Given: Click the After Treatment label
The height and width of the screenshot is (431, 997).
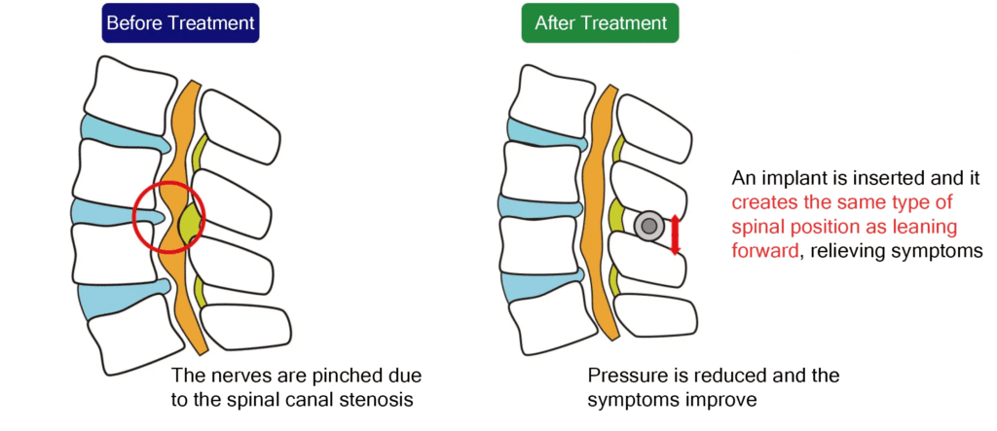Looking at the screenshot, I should tap(600, 22).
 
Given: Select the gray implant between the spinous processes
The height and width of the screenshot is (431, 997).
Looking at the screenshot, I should tap(647, 226).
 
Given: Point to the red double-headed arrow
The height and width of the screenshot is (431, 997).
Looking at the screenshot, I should tap(676, 233).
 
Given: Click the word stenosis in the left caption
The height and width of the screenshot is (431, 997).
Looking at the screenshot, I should tap(360, 399).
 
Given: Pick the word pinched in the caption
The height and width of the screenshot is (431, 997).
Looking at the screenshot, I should tap(326, 376).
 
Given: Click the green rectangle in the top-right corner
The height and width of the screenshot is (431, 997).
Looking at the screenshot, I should tap(895, 25).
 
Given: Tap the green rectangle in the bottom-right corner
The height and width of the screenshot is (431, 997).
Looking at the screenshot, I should tap(895, 396).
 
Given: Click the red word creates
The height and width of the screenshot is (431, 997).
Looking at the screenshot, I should tap(763, 202).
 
